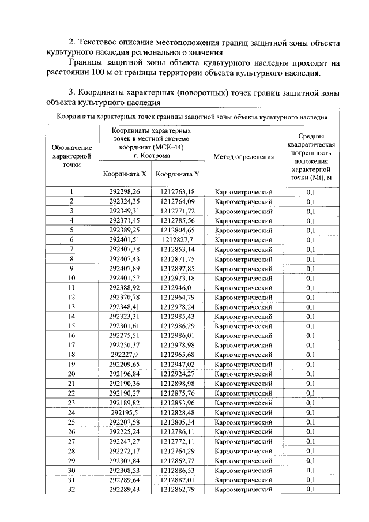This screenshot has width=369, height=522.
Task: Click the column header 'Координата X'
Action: pos(125,174)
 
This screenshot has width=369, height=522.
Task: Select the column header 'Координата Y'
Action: pos(178,174)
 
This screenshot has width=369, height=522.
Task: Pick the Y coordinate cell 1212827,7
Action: pos(178,239)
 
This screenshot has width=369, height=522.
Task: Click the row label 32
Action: pos(71,489)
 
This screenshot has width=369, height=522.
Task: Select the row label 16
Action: pos(71,335)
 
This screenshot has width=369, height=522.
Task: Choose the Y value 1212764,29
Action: pos(178,450)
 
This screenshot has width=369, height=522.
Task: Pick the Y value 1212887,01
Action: pos(178,479)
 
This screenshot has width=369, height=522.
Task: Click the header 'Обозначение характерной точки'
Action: pos(71,156)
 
